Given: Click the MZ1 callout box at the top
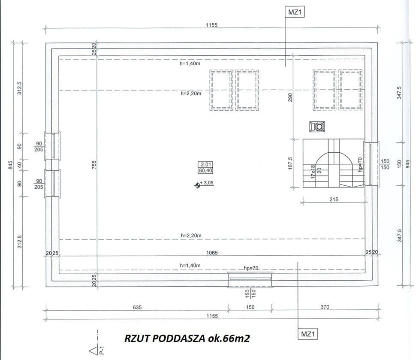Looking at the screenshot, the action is [295, 12].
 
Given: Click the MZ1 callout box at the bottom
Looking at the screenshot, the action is [307, 334].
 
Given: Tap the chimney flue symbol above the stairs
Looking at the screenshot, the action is [317, 127].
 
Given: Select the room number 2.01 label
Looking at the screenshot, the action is [205, 164].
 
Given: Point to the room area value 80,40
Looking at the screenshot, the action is [205, 170].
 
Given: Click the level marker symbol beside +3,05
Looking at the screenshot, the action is [198, 185].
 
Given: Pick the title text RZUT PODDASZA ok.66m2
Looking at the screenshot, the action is [187, 339].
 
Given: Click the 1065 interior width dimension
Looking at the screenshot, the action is [212, 253].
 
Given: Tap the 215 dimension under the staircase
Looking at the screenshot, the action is [334, 200].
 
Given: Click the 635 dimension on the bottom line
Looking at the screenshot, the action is [137, 307].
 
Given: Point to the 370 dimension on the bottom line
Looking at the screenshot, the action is [325, 307].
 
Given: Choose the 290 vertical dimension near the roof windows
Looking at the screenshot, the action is [290, 97].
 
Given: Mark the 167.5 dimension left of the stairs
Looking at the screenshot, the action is [290, 163].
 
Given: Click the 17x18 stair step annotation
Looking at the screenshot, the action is [313, 172].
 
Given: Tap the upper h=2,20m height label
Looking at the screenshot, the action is [191, 94].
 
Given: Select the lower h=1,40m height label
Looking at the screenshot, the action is [190, 266].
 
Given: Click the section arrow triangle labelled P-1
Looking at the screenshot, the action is [93, 351].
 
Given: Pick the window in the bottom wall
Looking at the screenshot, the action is [250, 280].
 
